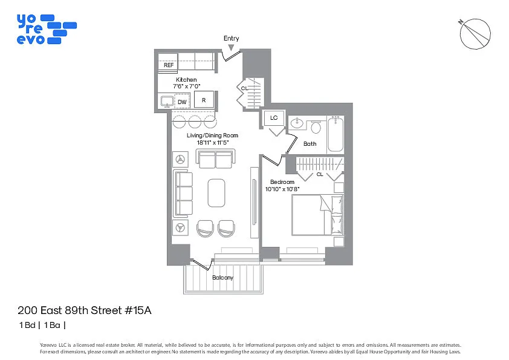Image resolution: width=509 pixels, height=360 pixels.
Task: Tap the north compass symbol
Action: (x=476, y=34)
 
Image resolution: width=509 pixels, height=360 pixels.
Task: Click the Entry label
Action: (x=231, y=38)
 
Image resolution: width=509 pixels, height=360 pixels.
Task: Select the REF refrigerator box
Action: (x=169, y=65)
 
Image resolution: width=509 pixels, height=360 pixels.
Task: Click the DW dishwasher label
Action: (x=182, y=102)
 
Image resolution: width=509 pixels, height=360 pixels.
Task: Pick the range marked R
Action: (x=204, y=100)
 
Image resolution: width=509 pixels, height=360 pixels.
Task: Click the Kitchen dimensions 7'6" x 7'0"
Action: (x=186, y=87)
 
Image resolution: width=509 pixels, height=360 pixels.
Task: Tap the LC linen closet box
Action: (x=274, y=118)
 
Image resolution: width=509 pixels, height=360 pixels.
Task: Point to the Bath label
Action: (x=310, y=144)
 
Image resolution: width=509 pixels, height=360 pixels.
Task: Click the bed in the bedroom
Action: (x=317, y=215)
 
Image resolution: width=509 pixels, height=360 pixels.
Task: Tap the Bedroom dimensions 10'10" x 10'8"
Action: (x=283, y=189)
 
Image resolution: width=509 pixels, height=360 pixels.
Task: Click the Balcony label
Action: (x=222, y=278)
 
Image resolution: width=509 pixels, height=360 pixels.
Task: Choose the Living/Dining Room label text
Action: (x=212, y=135)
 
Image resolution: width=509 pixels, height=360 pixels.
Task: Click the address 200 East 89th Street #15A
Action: (x=84, y=311)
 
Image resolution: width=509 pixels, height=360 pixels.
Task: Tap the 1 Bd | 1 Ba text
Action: (x=42, y=325)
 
